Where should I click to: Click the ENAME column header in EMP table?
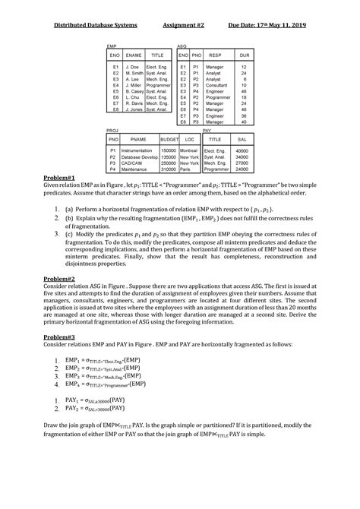click(x=134, y=55)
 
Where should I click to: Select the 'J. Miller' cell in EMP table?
click(x=134, y=85)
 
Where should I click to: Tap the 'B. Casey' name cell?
click(x=134, y=91)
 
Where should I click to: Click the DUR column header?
click(x=244, y=55)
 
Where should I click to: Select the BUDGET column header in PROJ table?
click(x=169, y=140)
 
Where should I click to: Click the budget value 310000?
click(x=169, y=169)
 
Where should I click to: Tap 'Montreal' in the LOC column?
click(x=189, y=151)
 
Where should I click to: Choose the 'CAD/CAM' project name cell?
click(x=131, y=163)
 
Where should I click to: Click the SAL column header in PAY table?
click(x=242, y=140)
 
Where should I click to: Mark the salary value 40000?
click(x=242, y=151)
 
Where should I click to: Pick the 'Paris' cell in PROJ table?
click(x=185, y=169)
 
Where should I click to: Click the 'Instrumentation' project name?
click(x=137, y=151)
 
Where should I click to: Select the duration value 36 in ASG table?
click(x=244, y=115)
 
